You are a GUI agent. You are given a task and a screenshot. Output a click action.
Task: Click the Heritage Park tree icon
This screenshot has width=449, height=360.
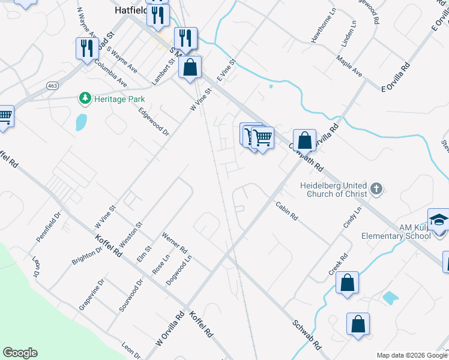click(x=85, y=98)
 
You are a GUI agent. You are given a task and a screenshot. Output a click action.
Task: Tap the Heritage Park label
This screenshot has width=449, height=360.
click(x=119, y=99)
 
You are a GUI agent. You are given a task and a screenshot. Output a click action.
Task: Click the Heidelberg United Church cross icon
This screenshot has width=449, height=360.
click(x=376, y=190)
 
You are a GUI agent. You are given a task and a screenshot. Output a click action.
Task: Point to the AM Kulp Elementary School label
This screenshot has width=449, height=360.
click(x=396, y=232)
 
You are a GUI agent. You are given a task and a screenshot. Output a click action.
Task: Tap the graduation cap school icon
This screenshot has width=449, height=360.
click(x=439, y=220)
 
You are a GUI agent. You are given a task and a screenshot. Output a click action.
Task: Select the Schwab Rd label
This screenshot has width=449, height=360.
click(x=307, y=334)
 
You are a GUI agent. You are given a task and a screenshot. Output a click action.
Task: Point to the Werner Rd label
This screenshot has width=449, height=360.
click(x=175, y=243)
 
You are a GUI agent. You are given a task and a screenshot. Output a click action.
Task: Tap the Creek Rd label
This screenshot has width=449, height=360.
click(x=338, y=265)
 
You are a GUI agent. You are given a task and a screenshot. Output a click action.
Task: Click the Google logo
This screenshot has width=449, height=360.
click(x=20, y=352)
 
